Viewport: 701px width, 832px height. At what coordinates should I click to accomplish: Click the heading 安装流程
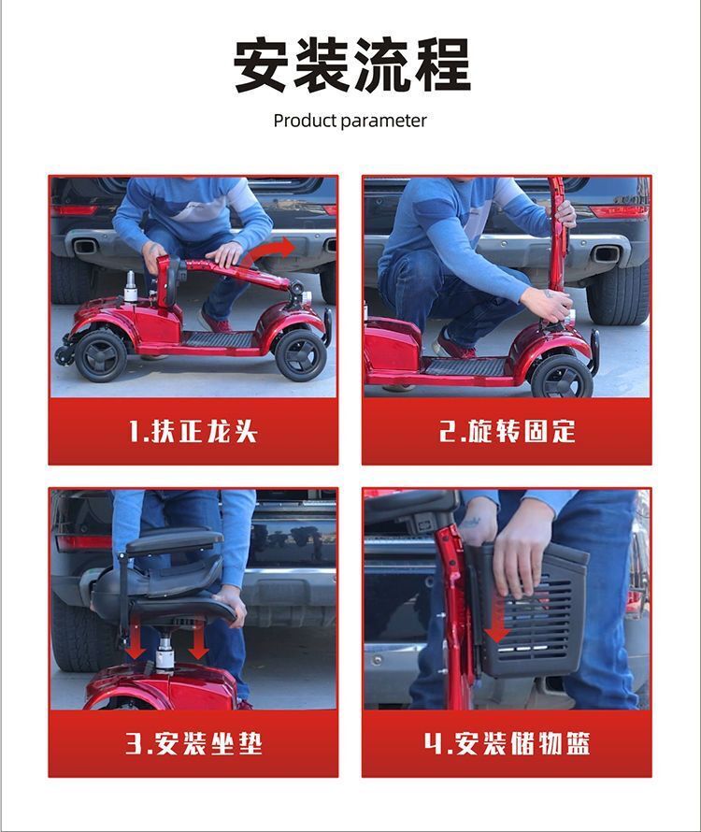coord(351,65)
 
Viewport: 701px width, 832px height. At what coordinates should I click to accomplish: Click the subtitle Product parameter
coord(350,121)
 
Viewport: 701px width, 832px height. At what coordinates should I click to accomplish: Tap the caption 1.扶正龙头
coord(193,431)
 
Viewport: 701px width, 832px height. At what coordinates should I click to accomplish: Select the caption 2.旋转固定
coord(508,431)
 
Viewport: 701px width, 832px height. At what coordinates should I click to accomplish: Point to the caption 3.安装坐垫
coord(193,743)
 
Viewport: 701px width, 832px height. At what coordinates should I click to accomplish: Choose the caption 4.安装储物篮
coord(507,743)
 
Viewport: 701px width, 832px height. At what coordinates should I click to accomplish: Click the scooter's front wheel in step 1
coord(300,354)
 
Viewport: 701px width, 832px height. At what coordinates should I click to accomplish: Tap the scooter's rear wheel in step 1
coord(100,355)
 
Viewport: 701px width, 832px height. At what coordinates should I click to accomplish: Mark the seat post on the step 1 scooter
coord(131,288)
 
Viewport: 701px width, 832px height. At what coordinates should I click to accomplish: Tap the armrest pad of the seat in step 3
coord(175,540)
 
